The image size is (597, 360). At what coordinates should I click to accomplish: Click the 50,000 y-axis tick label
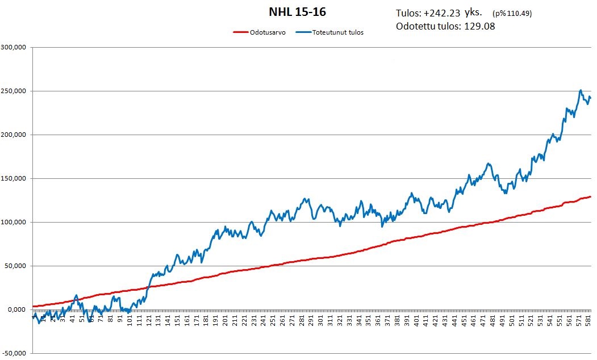pyautogui.click(x=15, y=266)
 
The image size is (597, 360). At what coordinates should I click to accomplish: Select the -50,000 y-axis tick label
pyautogui.click(x=15, y=354)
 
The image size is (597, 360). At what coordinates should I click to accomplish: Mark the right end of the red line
pyautogui.click(x=591, y=196)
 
